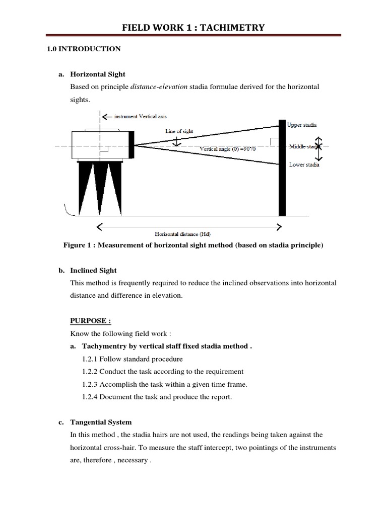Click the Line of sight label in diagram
tap(179, 131)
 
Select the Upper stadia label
tap(302, 125)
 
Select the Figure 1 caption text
tap(192, 245)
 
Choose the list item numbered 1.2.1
tap(132, 359)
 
